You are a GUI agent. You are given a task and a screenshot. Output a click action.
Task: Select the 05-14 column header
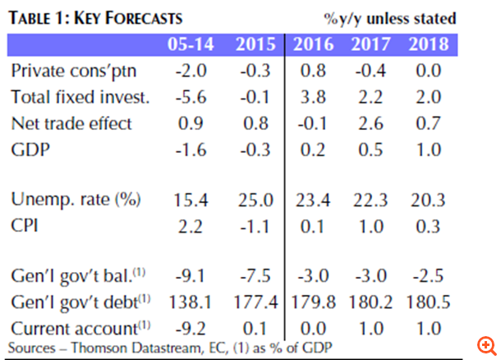pyautogui.click(x=195, y=44)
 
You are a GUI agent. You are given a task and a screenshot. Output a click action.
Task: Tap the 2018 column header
pyautogui.click(x=432, y=44)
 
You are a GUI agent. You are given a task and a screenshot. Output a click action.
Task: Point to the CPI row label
pyautogui.click(x=27, y=225)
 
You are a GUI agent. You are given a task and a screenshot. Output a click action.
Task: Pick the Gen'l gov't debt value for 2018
pyautogui.click(x=432, y=301)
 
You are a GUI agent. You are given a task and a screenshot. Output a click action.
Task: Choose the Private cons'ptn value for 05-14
pyautogui.click(x=195, y=71)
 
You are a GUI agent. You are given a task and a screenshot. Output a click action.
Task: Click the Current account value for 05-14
pyautogui.click(x=195, y=327)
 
